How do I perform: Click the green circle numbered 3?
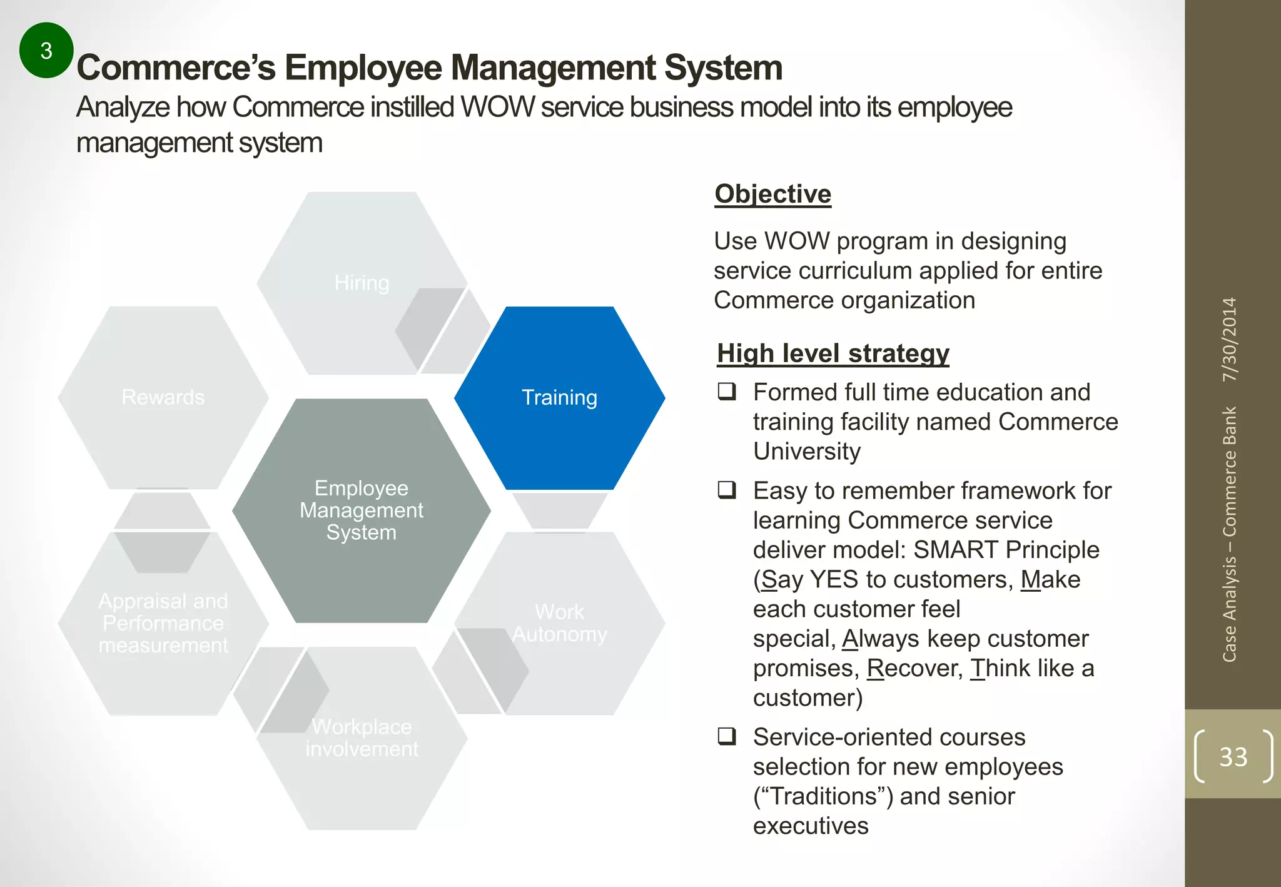[46, 50]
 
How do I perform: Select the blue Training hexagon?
[559, 398]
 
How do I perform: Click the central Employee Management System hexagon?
[362, 510]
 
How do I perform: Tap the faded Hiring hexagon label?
[362, 283]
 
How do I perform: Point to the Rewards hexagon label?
[163, 397]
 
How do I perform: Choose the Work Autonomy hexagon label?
[559, 623]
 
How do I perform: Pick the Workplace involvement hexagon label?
[362, 737]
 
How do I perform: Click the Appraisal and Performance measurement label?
[163, 623]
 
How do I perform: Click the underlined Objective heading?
[773, 194]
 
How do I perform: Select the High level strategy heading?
[833, 353]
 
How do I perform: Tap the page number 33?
[1233, 757]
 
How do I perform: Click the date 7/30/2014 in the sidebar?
[1230, 340]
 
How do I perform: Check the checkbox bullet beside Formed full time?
[727, 392]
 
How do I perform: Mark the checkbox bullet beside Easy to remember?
[727, 490]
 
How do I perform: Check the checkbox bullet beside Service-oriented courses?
[727, 736]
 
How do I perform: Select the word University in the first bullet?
[807, 451]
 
